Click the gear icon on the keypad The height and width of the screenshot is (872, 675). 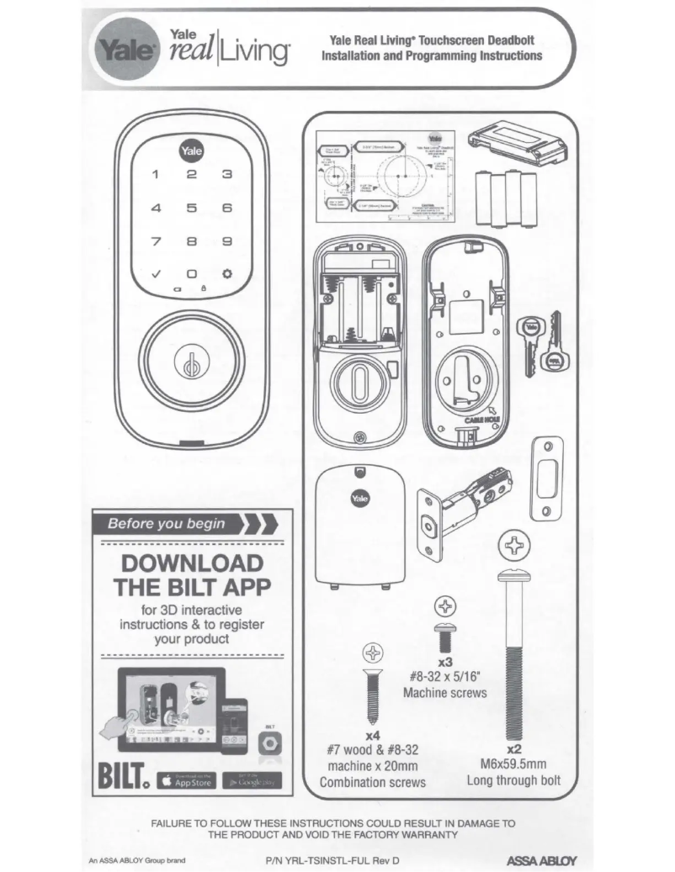226,273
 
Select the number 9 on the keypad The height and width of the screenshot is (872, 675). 226,240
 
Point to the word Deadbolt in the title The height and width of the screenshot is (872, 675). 502,40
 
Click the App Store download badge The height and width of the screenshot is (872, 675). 186,780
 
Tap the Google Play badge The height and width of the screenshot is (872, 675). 251,780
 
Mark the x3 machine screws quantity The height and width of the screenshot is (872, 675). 446,661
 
